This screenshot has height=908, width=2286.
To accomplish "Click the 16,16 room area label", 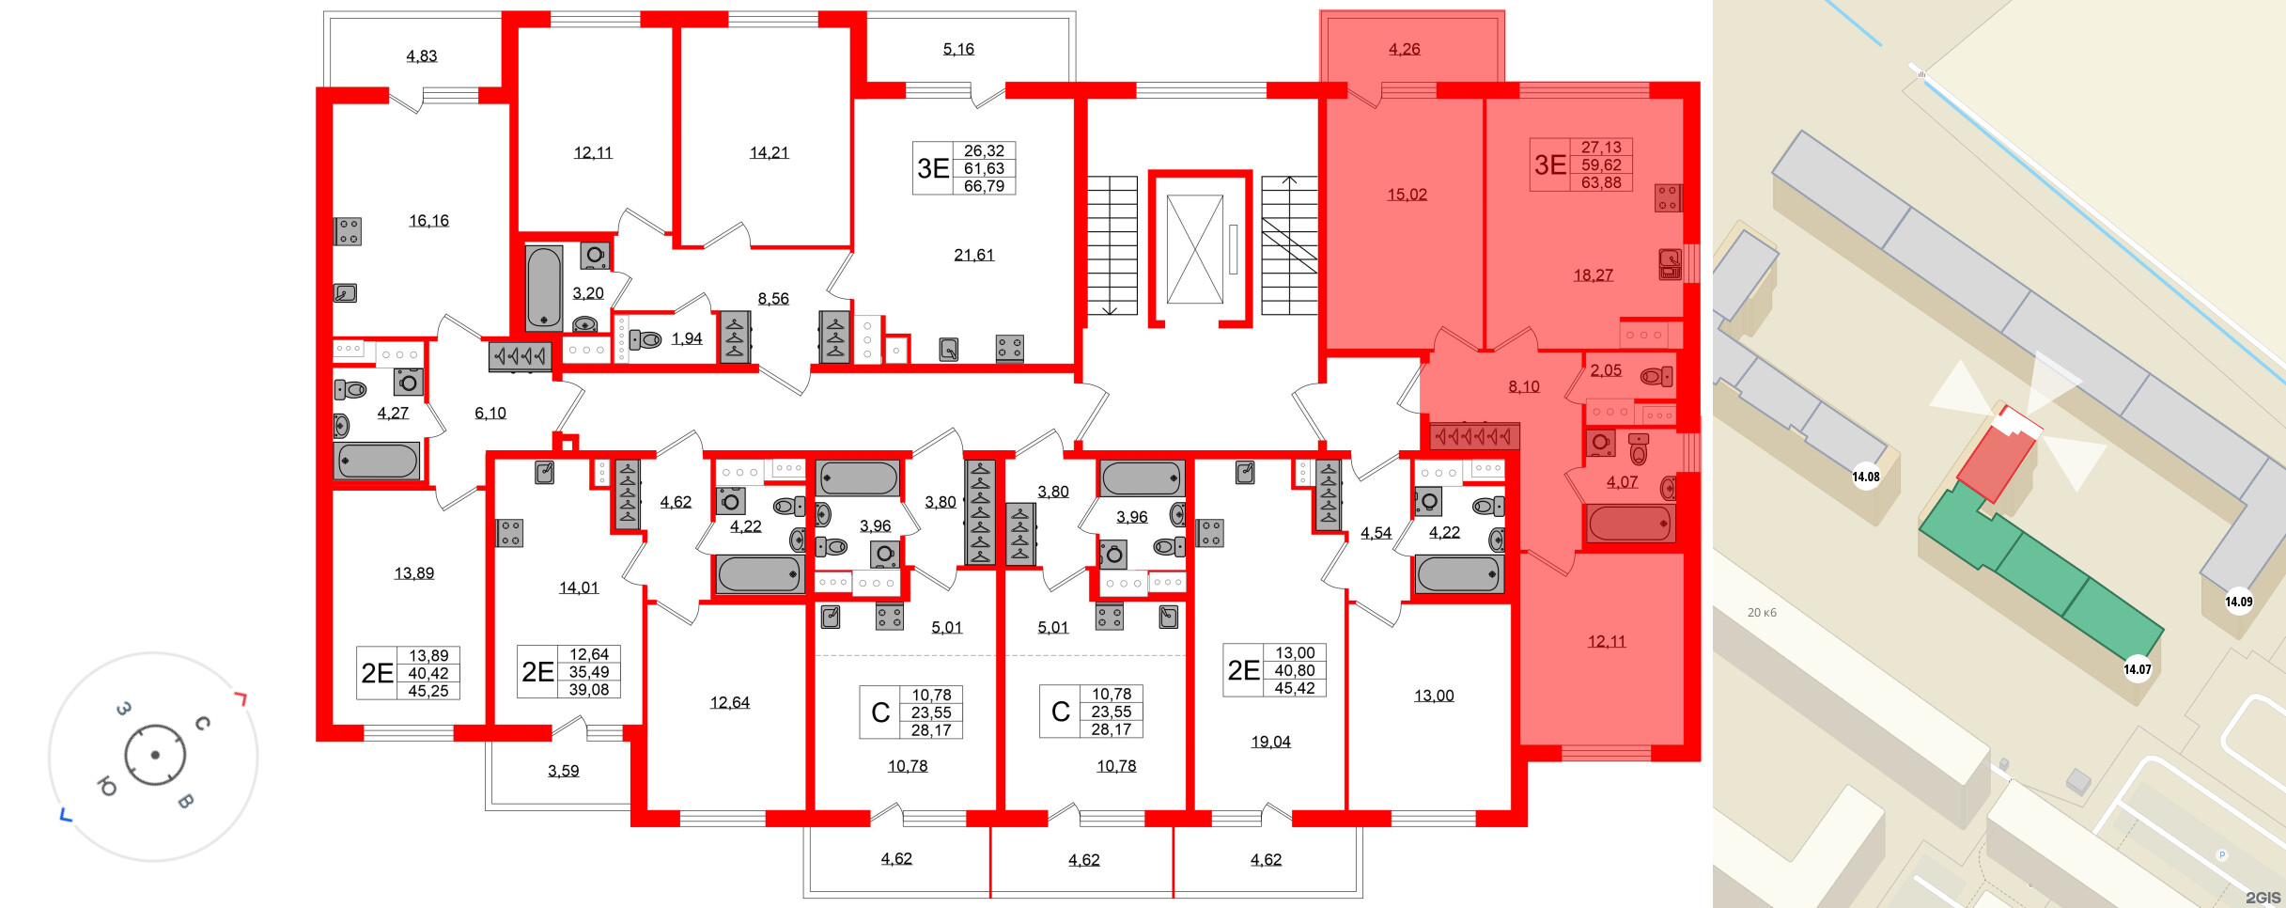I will click(x=428, y=221).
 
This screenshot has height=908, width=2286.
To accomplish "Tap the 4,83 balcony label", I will click(x=421, y=56).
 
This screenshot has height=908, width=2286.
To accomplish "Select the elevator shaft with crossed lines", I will click(x=1194, y=249).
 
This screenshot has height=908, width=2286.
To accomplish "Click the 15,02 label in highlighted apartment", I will click(x=1407, y=195).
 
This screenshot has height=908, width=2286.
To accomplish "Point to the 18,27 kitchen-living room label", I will click(x=1593, y=275).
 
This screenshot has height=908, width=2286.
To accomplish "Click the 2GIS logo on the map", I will click(x=2263, y=897).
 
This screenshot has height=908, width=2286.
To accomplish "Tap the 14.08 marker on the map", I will click(x=1865, y=477).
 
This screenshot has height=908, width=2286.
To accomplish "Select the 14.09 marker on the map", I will click(x=2238, y=602).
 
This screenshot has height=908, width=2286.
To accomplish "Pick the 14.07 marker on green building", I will click(x=2137, y=669).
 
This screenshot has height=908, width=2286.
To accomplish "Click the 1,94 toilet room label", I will click(x=686, y=338).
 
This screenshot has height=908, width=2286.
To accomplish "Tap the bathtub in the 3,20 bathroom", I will click(x=544, y=287).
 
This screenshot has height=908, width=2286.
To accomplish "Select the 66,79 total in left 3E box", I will click(x=984, y=186).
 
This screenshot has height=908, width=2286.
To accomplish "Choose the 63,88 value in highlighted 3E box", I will click(x=1601, y=182).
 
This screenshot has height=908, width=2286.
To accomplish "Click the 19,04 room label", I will click(x=1270, y=742).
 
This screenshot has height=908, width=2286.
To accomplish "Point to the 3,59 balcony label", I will click(x=563, y=771).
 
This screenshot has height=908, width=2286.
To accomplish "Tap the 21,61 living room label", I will click(x=973, y=255).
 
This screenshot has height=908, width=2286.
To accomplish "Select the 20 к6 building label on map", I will click(x=1762, y=613).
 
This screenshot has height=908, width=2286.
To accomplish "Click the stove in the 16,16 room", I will click(x=349, y=231).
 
